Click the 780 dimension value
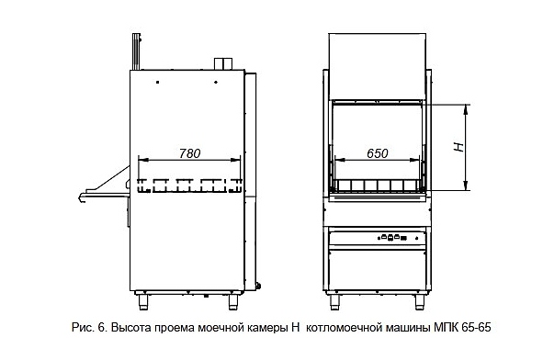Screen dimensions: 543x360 [190, 153]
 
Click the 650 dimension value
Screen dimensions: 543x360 [378, 153]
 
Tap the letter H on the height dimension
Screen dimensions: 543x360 [458, 147]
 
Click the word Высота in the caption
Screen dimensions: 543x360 [130, 327]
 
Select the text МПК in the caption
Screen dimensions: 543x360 [446, 327]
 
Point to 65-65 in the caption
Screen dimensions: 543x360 [476, 327]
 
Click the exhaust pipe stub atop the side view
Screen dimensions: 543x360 [223, 63]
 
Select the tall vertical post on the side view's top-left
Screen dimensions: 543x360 [136, 51]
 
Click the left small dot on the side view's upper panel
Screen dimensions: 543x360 [157, 83]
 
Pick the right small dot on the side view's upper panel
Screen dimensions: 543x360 [216, 83]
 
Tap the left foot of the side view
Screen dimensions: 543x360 [143, 302]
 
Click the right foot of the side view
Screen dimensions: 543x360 [233, 302]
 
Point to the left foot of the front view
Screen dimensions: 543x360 [334, 302]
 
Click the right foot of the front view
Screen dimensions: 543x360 [420, 302]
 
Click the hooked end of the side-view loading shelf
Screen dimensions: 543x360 [82, 197]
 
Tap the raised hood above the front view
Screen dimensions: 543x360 [377, 66]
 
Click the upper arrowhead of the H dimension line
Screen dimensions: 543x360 [466, 108]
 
